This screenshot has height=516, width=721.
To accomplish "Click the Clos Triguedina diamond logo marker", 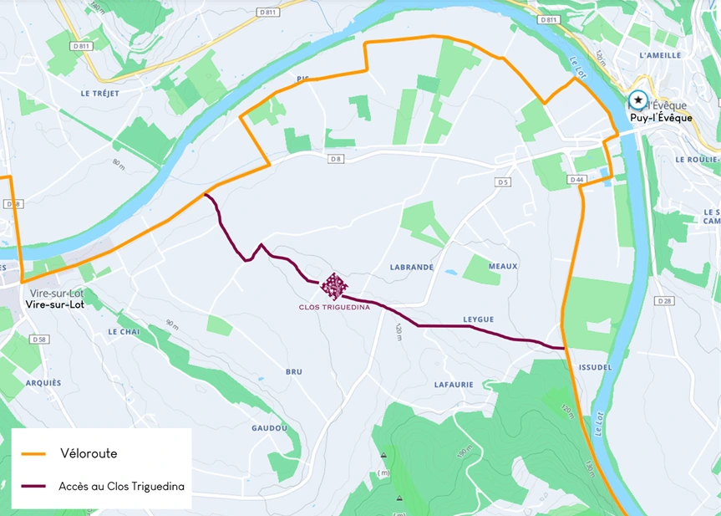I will click(334, 286).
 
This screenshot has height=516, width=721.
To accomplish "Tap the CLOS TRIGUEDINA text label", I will click(334, 307).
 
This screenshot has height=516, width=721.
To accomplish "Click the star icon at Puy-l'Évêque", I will click(638, 100).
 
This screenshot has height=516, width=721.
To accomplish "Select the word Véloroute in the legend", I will click(89, 454).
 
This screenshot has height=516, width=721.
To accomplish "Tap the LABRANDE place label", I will click(412, 267).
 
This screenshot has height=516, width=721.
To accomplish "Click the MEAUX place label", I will click(503, 266).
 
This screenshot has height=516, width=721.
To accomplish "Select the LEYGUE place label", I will click(480, 319).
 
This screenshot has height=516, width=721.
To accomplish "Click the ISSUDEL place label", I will click(594, 367).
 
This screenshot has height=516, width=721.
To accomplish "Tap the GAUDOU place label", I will click(270, 427).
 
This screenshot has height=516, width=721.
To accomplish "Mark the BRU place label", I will click(294, 371).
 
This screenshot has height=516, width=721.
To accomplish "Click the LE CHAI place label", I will click(124, 331).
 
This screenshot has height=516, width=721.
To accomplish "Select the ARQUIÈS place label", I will click(43, 382).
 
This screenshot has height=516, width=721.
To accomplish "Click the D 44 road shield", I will click(576, 180).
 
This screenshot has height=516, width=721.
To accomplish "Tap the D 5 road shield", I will click(502, 181).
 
